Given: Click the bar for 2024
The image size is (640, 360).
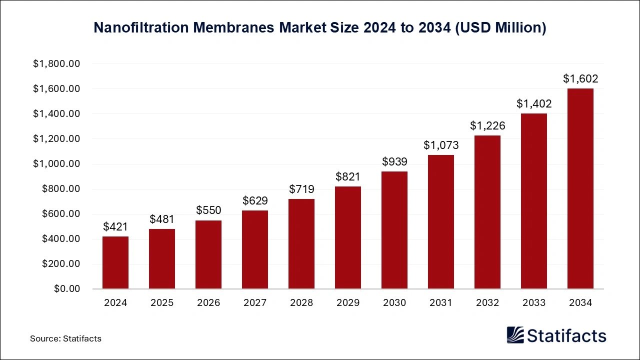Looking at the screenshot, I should point(115,262).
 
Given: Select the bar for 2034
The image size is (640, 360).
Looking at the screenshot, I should point(580,189).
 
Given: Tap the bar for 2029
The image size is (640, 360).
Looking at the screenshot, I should point(348,237).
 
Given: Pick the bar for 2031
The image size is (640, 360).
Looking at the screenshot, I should point(441,222).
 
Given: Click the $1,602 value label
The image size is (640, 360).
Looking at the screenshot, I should point(580,78).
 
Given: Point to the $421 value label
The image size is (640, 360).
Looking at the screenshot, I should point(115,226).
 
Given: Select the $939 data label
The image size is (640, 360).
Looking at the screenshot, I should point(394,161).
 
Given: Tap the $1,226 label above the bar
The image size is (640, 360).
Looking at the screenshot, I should point(487,125).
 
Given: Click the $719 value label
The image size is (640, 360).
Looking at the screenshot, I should point(301,189).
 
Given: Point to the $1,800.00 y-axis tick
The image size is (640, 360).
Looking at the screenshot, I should point(56,64).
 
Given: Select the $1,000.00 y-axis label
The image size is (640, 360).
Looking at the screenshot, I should point(56,164).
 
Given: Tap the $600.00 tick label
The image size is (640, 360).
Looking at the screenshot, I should point(61,214).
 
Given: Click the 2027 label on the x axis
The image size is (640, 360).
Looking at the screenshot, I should point(255,303).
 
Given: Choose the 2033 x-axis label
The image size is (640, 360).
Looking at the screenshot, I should point(533,303).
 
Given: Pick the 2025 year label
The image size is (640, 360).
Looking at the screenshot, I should point(162,303).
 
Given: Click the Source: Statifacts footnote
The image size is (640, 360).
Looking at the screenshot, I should point(65,338).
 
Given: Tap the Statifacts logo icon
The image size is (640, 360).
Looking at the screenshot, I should point(515,335).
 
